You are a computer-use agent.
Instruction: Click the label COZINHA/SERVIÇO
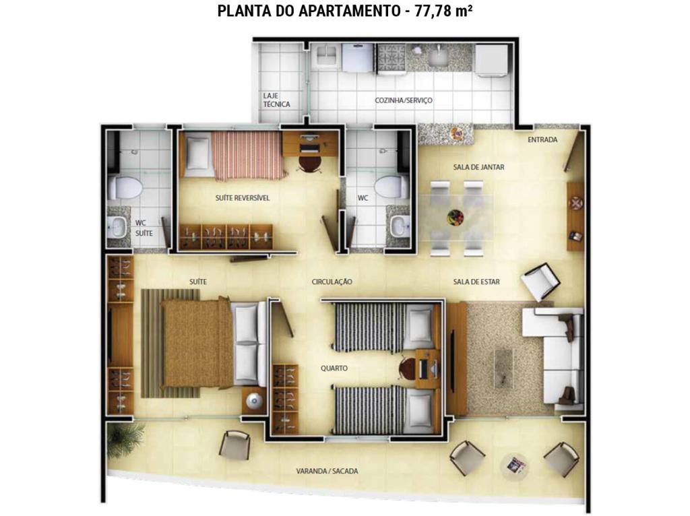click(x=404, y=100)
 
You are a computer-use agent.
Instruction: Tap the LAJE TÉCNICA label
click(x=276, y=100)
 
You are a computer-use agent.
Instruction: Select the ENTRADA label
click(x=542, y=139)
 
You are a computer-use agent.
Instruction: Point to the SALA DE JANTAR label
click(x=479, y=167)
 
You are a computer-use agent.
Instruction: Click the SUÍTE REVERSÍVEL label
click(x=243, y=198)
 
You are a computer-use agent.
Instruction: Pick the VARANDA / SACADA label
click(x=327, y=471)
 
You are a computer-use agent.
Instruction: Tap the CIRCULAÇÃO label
click(x=332, y=282)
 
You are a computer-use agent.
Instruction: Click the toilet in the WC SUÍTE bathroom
click(x=125, y=187)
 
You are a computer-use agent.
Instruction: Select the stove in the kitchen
click(x=391, y=59)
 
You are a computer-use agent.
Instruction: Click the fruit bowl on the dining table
click(x=456, y=217)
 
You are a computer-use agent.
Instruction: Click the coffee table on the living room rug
click(x=503, y=368)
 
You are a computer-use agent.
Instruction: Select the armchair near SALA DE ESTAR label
click(x=540, y=282)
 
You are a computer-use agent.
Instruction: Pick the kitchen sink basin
click(x=438, y=57)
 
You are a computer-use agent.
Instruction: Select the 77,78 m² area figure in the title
click(x=443, y=11)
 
